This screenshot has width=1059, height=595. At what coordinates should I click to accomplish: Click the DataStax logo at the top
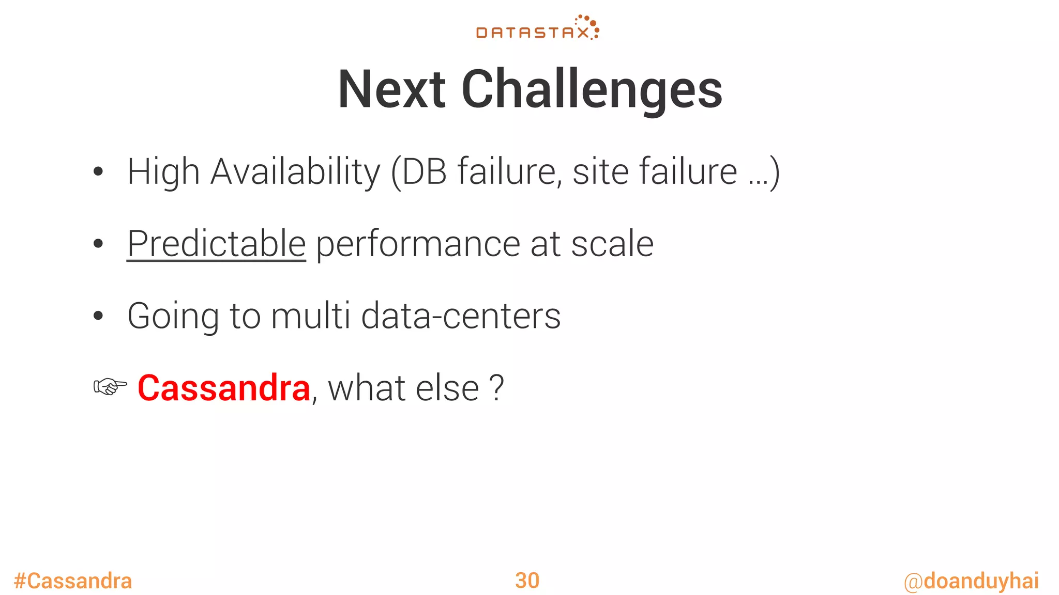[537, 28]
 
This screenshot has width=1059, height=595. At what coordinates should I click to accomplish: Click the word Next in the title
[391, 90]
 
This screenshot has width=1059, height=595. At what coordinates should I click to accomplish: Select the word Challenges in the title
[592, 90]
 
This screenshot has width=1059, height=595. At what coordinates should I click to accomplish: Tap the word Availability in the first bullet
[295, 171]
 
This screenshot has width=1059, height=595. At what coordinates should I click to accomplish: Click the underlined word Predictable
[216, 244]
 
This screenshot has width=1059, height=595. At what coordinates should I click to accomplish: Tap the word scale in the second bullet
[612, 244]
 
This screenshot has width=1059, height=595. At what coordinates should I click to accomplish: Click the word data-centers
[461, 316]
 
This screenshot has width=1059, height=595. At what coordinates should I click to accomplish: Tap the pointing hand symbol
[110, 386]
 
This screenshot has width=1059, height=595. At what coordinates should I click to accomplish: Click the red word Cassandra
[224, 388]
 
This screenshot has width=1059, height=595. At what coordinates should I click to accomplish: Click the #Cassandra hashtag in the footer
[73, 581]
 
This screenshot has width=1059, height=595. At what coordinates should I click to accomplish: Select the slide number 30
[527, 581]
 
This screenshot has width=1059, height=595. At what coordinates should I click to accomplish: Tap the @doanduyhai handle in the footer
[971, 581]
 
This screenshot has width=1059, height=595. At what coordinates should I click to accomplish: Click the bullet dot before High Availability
[98, 172]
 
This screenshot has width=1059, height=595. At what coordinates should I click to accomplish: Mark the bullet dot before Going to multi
[98, 316]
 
